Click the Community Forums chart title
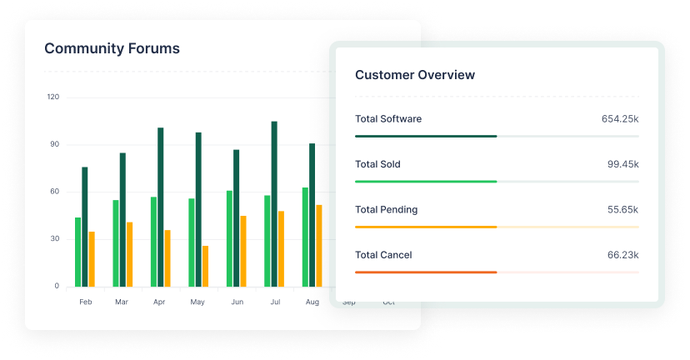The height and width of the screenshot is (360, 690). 112,48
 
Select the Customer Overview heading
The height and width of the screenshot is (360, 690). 415,75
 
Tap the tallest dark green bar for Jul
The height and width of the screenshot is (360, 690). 274,204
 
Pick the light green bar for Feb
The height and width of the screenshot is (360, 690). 78,252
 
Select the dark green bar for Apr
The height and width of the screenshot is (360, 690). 160,207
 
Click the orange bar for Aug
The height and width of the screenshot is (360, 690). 319,246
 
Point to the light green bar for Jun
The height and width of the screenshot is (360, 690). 229,238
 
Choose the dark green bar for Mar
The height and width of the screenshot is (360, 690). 122,219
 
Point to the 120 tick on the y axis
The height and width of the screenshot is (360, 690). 53,97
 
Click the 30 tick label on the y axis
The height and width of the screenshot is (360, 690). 55,239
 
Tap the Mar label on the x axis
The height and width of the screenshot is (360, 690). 122,302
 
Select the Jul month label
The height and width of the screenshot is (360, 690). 274,302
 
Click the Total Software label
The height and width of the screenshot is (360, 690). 388,119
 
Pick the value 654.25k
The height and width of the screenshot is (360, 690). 620,119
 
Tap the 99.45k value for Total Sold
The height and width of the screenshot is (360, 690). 623,164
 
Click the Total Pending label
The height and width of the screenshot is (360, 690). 387,210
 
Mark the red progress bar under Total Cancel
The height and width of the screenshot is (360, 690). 426,272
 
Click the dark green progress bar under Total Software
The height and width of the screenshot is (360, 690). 426,136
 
